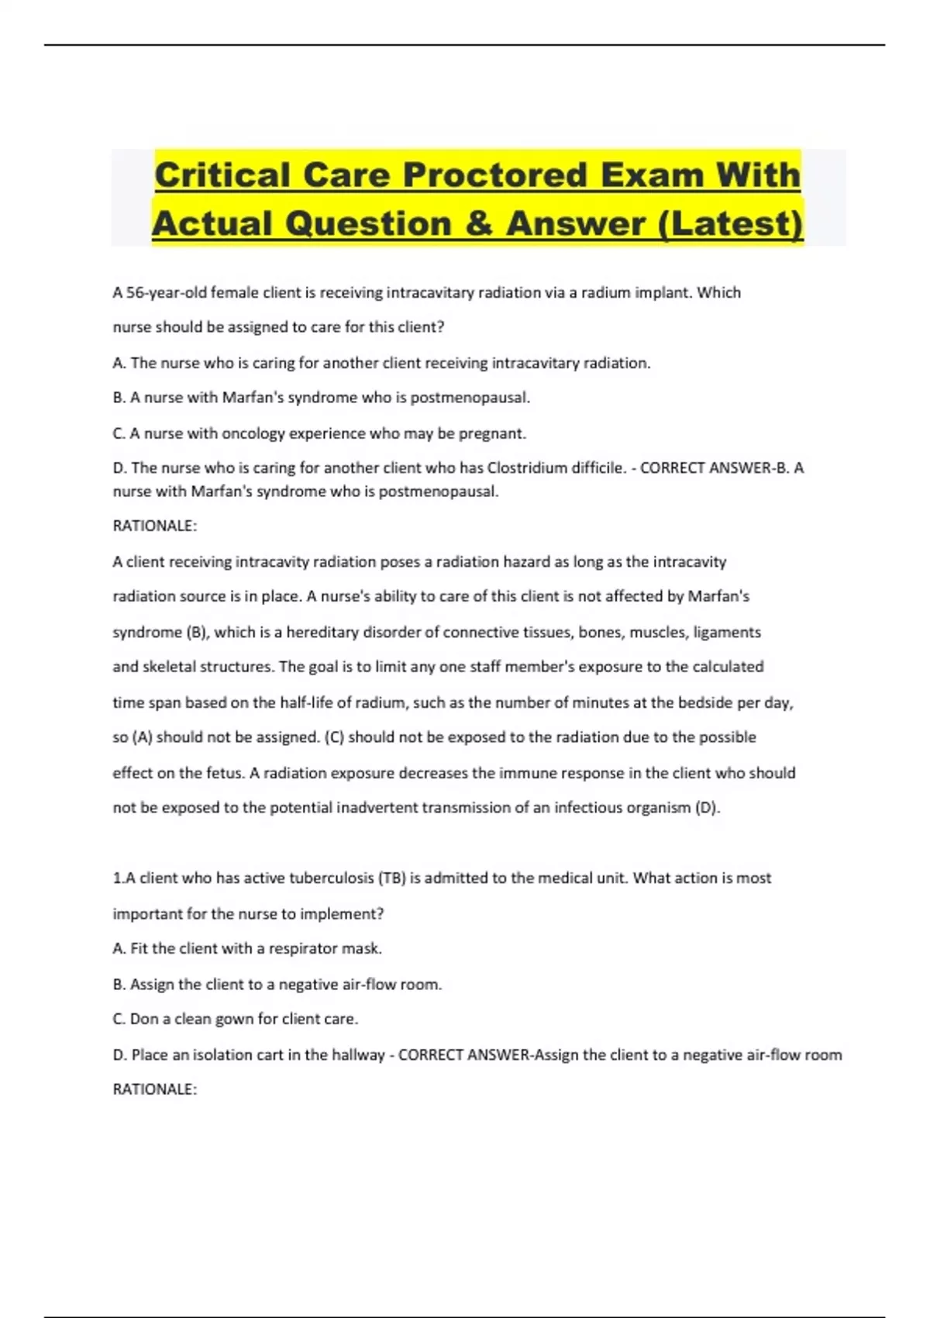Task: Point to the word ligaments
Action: tap(727, 632)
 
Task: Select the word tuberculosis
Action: tap(331, 878)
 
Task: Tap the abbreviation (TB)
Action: tap(392, 878)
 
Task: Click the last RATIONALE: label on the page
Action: tap(155, 1089)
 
